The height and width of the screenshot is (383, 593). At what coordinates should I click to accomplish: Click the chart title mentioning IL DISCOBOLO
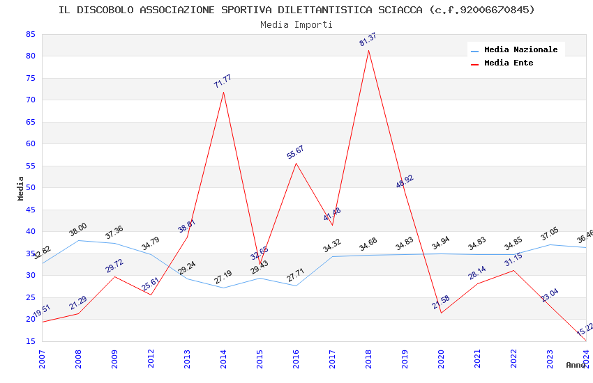click(x=296, y=10)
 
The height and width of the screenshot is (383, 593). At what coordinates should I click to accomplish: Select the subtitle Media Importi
click(x=296, y=24)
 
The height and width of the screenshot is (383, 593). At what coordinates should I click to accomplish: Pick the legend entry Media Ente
click(x=509, y=63)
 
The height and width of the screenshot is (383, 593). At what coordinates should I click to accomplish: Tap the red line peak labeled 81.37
click(x=368, y=50)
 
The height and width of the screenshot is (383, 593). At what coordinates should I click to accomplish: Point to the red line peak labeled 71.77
click(x=223, y=92)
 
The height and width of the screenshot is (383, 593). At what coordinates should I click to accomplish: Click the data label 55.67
click(x=295, y=153)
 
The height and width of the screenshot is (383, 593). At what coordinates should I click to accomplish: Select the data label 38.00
click(x=78, y=229)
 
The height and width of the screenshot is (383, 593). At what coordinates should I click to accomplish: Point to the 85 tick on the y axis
click(x=29, y=34)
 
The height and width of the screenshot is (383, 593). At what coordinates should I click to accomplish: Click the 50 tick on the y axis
click(x=29, y=188)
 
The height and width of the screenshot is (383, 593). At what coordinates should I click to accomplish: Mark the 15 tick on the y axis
click(x=29, y=341)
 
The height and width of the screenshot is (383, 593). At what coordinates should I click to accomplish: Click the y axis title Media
click(x=20, y=188)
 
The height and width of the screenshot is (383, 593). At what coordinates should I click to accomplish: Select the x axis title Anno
click(x=576, y=365)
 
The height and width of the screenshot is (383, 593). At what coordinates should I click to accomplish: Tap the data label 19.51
click(x=42, y=311)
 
